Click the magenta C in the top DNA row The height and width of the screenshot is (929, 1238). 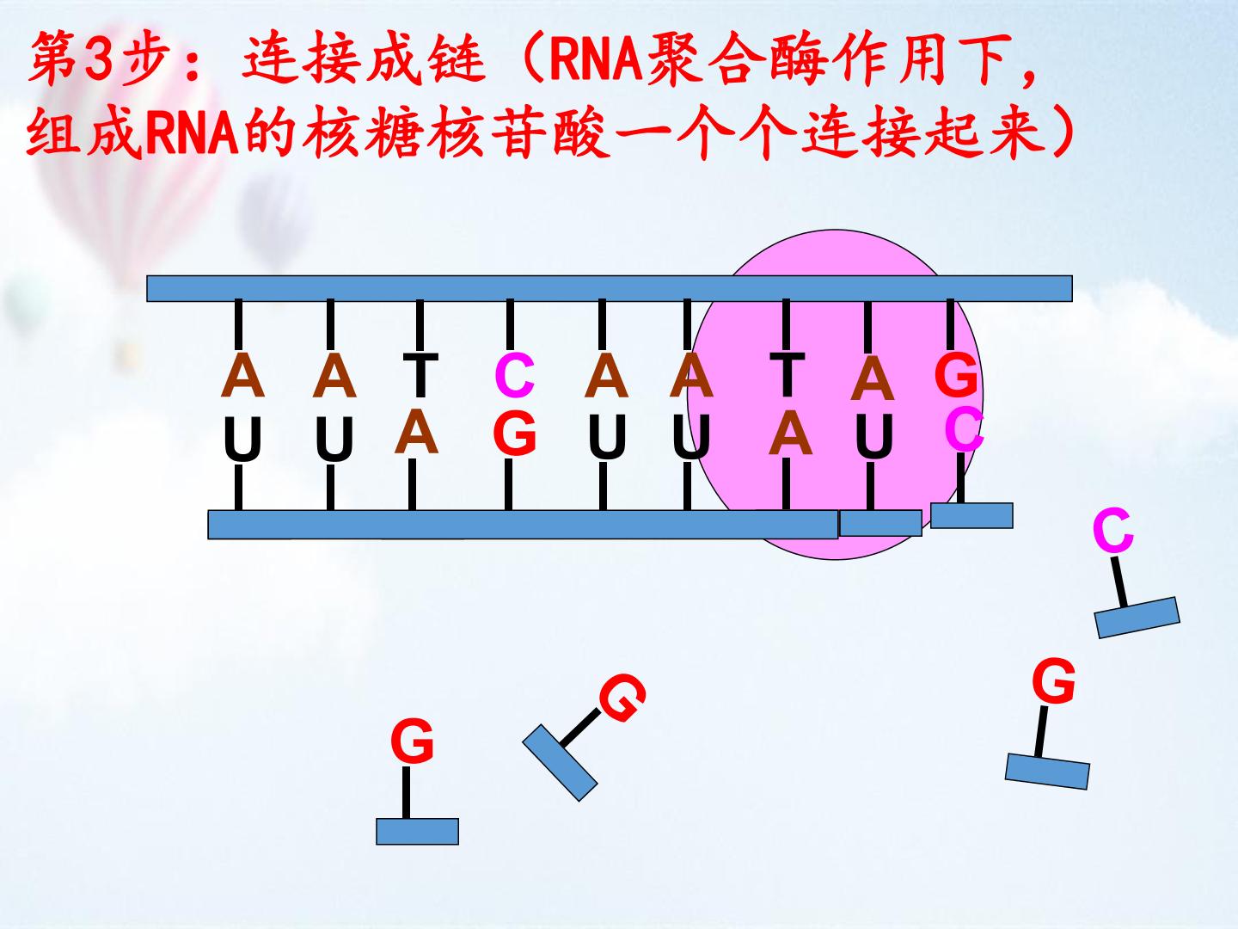(x=514, y=375)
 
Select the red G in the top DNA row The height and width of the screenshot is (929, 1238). (x=955, y=374)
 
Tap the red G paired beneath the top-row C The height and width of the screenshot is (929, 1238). (x=514, y=433)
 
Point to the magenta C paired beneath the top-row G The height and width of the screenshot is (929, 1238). (x=964, y=430)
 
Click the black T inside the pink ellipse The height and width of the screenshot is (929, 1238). (x=788, y=374)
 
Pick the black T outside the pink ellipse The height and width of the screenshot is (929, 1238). (x=420, y=375)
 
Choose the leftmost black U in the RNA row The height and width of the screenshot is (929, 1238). (x=242, y=439)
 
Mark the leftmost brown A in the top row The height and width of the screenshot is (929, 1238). (x=242, y=375)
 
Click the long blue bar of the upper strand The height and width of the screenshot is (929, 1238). (x=610, y=288)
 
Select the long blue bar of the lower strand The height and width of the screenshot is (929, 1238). (x=522, y=525)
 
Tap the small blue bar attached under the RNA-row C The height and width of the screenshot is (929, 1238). (x=971, y=515)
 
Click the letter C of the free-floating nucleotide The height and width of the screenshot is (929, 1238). (x=1112, y=531)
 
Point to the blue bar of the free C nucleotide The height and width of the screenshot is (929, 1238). (x=1137, y=618)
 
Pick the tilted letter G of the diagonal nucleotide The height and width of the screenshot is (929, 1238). (x=622, y=698)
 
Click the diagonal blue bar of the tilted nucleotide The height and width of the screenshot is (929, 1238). (x=560, y=763)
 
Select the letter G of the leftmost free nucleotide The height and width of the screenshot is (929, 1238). (x=412, y=741)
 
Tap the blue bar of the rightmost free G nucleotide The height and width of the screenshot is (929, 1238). (x=1047, y=771)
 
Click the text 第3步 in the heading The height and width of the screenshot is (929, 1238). (x=100, y=58)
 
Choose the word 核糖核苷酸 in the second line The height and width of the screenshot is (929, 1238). (x=457, y=132)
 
